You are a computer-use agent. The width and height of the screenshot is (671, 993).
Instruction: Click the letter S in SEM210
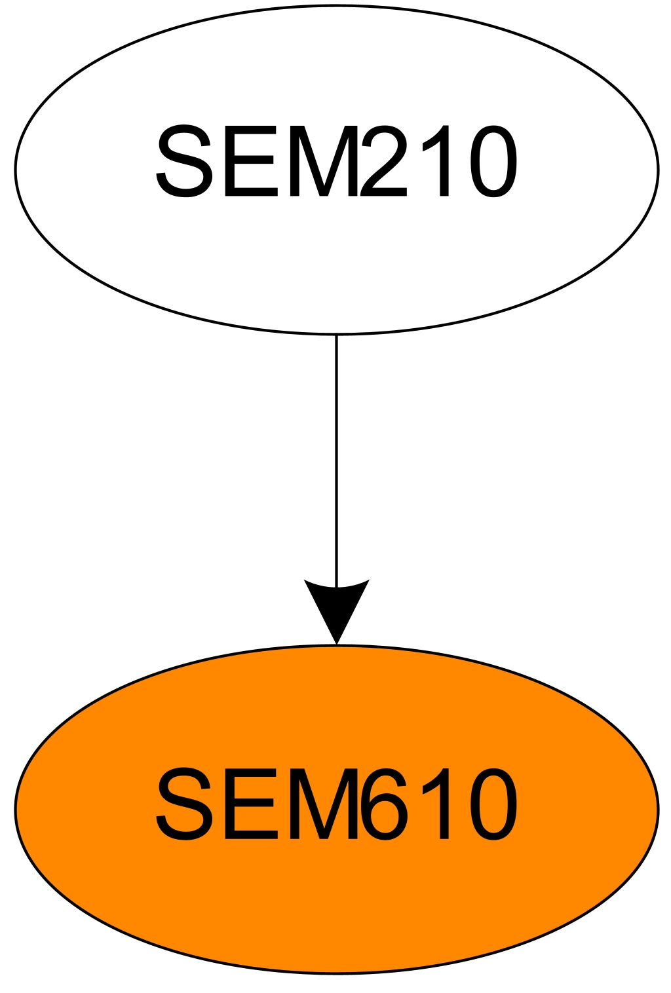pyautogui.click(x=185, y=161)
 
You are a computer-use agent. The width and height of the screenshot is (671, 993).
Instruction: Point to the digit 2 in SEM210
pyautogui.click(x=383, y=161)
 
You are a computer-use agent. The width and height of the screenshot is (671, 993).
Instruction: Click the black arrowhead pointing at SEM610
pyautogui.click(x=336, y=606)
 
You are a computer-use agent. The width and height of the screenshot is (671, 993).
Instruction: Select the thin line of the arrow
pyautogui.click(x=336, y=459)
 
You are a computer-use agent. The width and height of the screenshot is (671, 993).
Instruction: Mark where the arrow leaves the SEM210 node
pyautogui.click(x=336, y=335)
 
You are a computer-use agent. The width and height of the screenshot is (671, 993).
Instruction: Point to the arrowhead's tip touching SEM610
pyautogui.click(x=336, y=643)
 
